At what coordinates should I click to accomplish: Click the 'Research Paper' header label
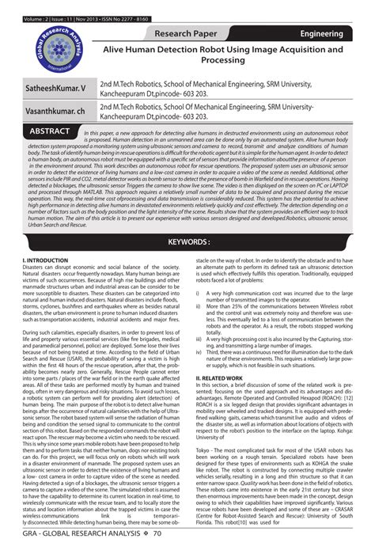pyautogui.click(x=187, y=33)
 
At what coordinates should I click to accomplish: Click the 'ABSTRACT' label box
pyautogui.click(x=51, y=131)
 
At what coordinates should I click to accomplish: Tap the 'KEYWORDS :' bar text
pyautogui.click(x=187, y=219)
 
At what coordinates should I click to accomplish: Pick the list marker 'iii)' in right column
pyautogui.click(x=199, y=339)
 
